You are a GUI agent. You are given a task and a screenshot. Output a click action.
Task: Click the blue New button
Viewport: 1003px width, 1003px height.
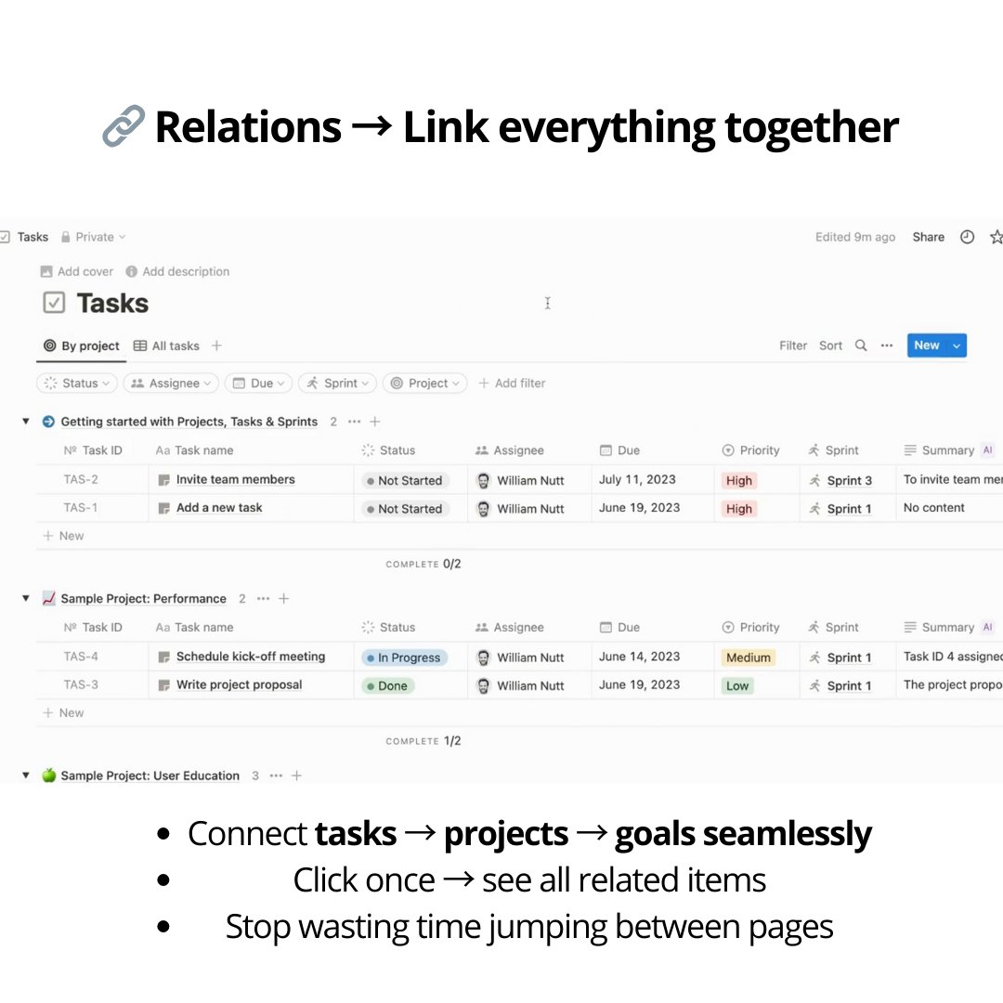(x=927, y=345)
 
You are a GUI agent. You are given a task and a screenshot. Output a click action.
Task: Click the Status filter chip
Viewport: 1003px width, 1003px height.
(x=77, y=383)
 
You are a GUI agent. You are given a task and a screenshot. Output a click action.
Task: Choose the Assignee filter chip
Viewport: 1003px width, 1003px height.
(x=171, y=383)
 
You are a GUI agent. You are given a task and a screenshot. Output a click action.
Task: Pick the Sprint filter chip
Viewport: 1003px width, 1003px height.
(x=337, y=383)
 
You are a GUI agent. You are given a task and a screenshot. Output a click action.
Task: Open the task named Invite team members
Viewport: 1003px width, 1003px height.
(x=235, y=479)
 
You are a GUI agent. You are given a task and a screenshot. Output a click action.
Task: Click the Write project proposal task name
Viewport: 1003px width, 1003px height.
(x=239, y=684)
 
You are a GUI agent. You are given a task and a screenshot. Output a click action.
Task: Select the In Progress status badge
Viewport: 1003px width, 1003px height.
(x=405, y=658)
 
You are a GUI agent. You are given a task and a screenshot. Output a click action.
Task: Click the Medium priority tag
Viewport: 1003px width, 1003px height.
(x=749, y=658)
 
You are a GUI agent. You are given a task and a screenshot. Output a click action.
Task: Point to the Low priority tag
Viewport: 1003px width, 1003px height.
(x=737, y=685)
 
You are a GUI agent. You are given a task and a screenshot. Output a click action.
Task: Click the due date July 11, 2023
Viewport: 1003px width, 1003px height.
(x=637, y=479)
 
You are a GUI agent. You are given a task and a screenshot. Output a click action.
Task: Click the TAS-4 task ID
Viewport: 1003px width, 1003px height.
(x=81, y=657)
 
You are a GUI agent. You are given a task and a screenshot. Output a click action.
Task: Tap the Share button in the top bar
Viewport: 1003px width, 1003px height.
(x=928, y=237)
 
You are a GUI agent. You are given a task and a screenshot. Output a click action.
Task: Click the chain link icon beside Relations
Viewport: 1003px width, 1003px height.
(x=124, y=126)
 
